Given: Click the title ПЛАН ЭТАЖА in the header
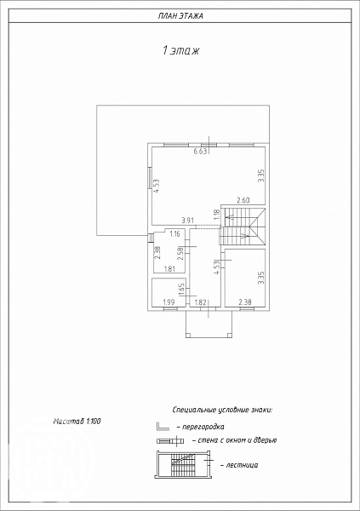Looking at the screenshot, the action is (x=180, y=16).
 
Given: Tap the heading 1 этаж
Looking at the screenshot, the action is (x=180, y=50).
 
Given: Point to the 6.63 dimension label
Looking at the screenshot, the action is (x=200, y=152).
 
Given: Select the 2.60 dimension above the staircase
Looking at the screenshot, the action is (x=243, y=200).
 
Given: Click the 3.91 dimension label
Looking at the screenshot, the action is (x=188, y=221).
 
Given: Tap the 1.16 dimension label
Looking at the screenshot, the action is (x=174, y=233).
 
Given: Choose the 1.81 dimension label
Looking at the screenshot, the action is (x=169, y=269).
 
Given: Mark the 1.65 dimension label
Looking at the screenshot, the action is (x=182, y=290).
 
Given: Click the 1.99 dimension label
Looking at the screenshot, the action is (x=169, y=302).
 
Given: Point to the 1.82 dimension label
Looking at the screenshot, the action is (x=200, y=302).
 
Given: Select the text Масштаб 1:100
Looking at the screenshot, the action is (x=77, y=421).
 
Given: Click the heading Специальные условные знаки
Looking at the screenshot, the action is (x=222, y=410).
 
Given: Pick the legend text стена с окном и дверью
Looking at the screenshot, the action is (x=235, y=440).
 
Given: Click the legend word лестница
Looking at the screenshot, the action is (x=239, y=465).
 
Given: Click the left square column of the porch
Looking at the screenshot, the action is (x=188, y=335).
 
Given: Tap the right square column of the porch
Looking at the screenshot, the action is (x=229, y=335).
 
